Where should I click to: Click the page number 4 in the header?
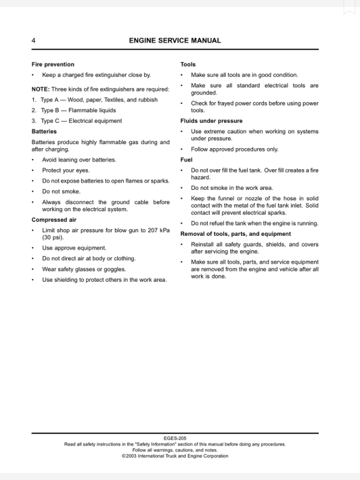34,41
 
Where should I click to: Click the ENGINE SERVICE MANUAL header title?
175,41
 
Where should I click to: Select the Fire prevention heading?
53,64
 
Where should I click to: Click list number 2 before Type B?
34,110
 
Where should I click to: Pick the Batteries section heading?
44,131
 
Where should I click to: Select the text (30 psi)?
53,238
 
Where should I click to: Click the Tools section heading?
188,64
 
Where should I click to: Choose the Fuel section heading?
187,160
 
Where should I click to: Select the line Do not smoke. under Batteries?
61,191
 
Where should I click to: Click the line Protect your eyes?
66,170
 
